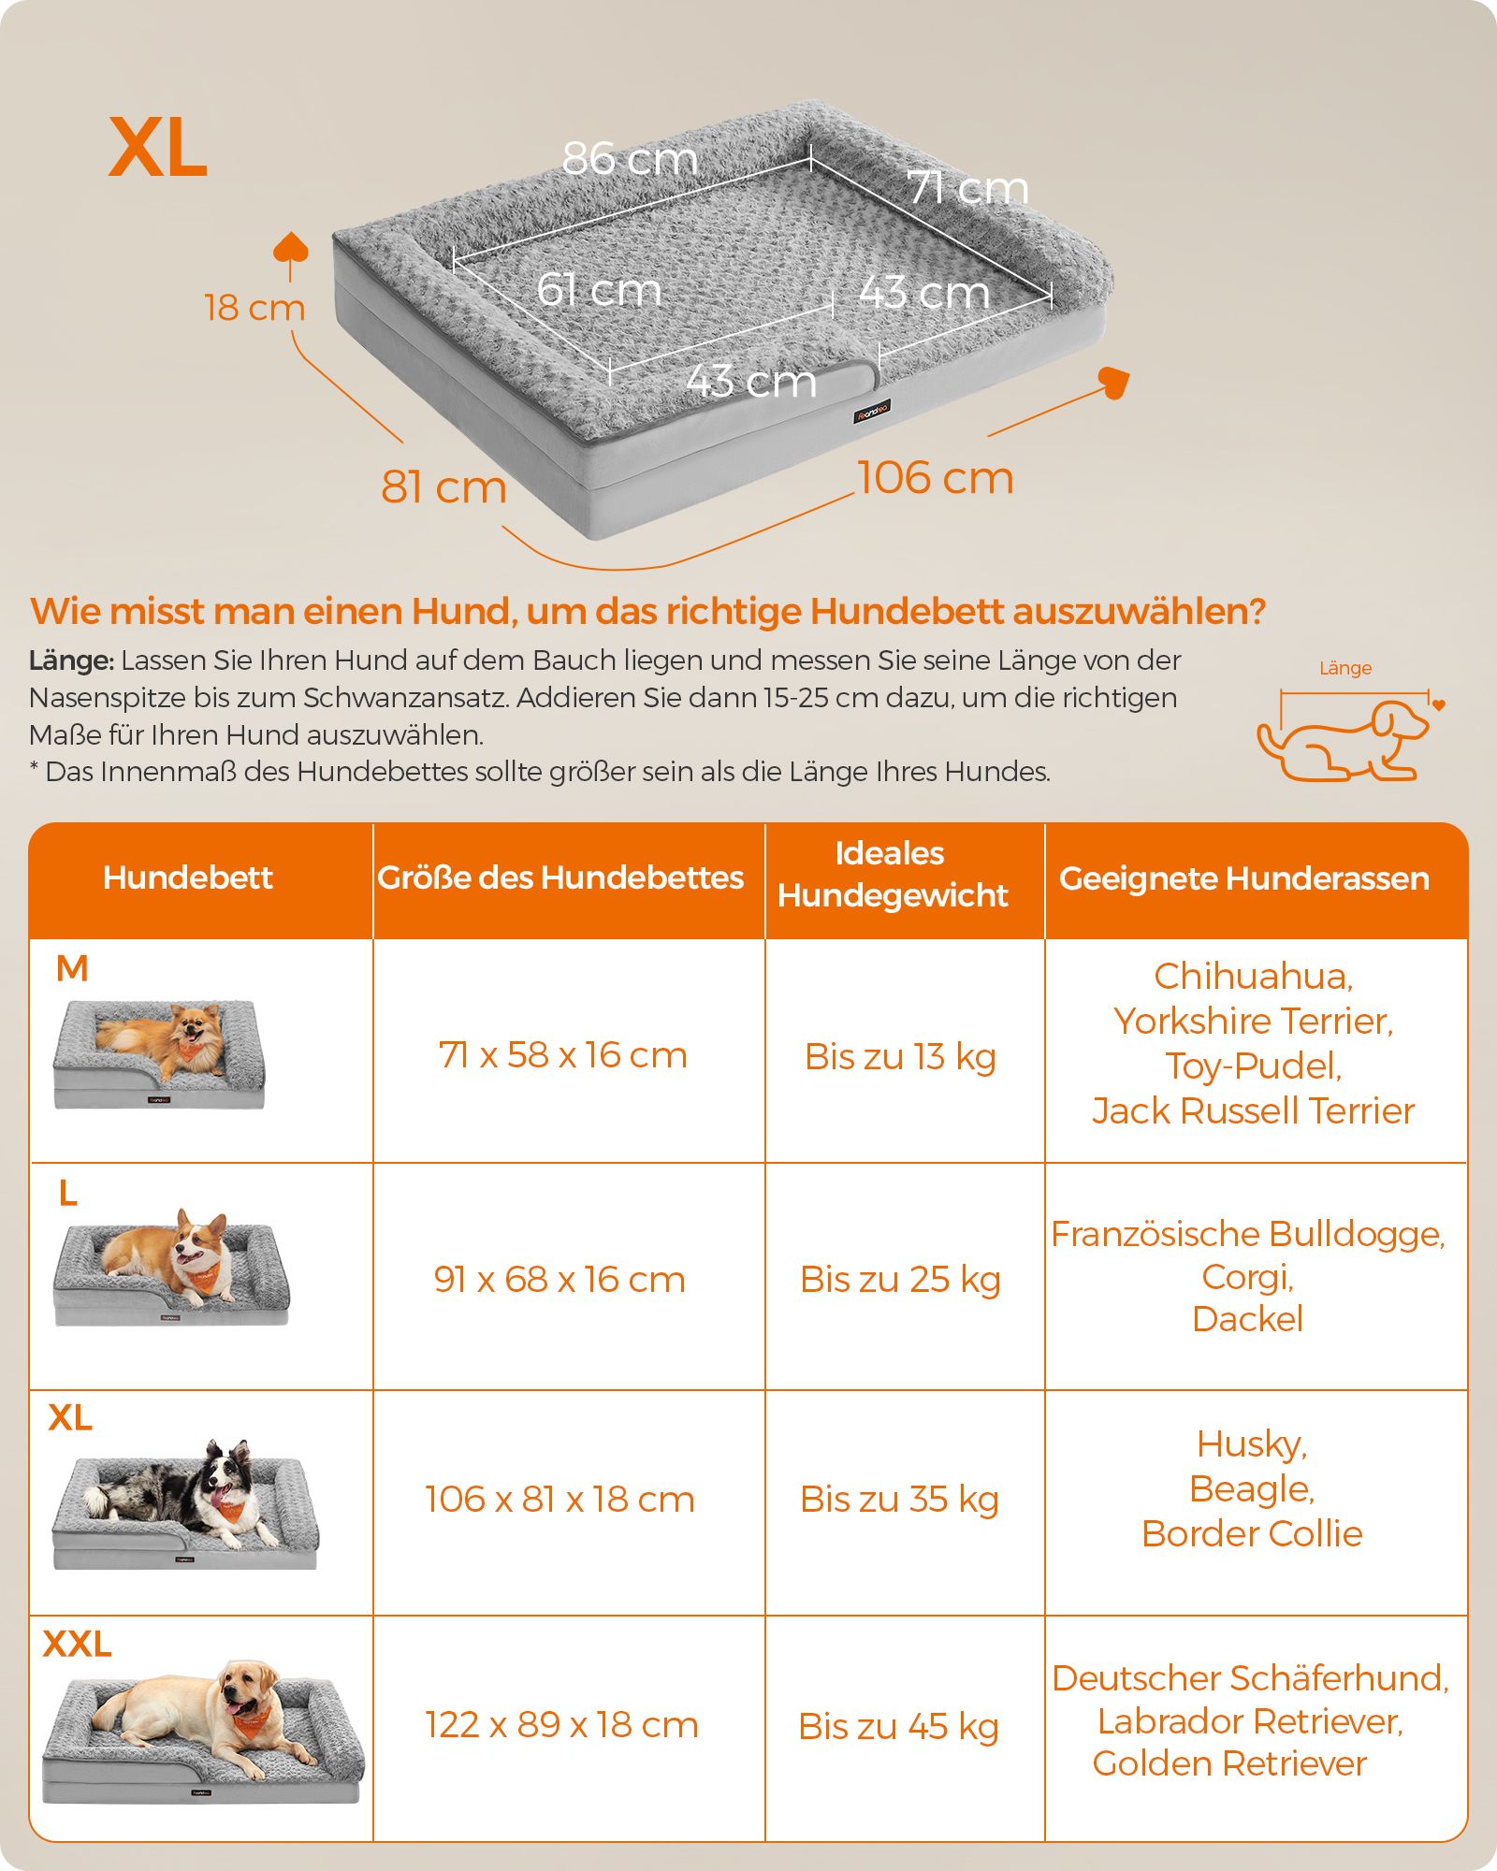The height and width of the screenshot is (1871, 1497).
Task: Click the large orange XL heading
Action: [158, 147]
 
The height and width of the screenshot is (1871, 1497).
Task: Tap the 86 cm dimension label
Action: [631, 158]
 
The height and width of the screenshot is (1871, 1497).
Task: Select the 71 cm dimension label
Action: [967, 187]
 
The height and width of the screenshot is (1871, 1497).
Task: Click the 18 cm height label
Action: [254, 307]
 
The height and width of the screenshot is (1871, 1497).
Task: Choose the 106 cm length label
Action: [936, 477]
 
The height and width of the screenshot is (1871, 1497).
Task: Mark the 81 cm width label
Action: [443, 486]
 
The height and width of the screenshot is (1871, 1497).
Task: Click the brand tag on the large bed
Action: [871, 411]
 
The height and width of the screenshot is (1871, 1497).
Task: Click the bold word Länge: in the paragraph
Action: [71, 660]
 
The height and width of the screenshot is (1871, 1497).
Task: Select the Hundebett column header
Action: [188, 877]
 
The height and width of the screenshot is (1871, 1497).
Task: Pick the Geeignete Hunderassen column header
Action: [1244, 878]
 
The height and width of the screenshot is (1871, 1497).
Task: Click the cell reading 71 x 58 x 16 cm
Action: [563, 1055]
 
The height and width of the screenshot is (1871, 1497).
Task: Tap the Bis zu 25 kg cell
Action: [900, 1279]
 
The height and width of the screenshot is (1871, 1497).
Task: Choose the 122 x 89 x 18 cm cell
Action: [562, 1724]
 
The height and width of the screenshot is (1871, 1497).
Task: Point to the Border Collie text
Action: [1252, 1533]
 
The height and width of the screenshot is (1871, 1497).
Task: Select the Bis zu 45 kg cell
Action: [898, 1726]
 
